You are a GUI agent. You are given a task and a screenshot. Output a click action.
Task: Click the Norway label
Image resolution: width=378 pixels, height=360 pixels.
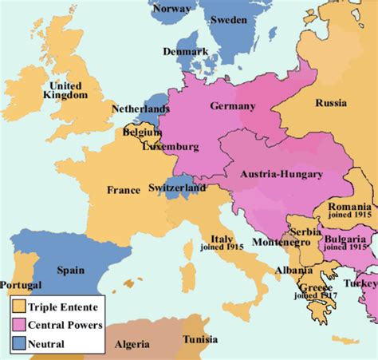pos(170,8)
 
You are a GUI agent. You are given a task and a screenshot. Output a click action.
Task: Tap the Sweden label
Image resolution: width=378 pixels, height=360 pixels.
pos(228,19)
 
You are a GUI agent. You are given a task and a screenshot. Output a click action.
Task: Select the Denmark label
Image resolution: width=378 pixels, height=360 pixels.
pos(185,51)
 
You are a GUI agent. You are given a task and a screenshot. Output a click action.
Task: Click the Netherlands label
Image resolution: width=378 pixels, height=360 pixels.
pos(140,109)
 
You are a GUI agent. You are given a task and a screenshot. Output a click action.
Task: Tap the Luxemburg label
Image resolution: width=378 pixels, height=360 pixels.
pos(170,147)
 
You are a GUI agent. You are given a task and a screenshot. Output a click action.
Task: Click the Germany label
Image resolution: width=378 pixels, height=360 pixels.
pos(233,106)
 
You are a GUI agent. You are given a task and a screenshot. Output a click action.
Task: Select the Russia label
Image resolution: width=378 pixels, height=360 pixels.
pos(330,103)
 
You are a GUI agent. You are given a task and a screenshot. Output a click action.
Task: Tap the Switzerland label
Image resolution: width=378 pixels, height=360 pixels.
pos(177,188)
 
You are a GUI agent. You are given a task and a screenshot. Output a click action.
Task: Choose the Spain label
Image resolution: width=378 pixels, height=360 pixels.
pos(70,270)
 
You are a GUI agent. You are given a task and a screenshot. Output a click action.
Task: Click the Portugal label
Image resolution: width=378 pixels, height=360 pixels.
pos(22,286)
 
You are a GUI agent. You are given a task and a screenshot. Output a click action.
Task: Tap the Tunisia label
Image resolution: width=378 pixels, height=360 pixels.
pos(199,339)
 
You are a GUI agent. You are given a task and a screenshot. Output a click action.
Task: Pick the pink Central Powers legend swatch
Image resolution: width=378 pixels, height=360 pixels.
pos(18,325)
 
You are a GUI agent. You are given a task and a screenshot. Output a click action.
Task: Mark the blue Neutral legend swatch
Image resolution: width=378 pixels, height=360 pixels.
pos(18,344)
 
